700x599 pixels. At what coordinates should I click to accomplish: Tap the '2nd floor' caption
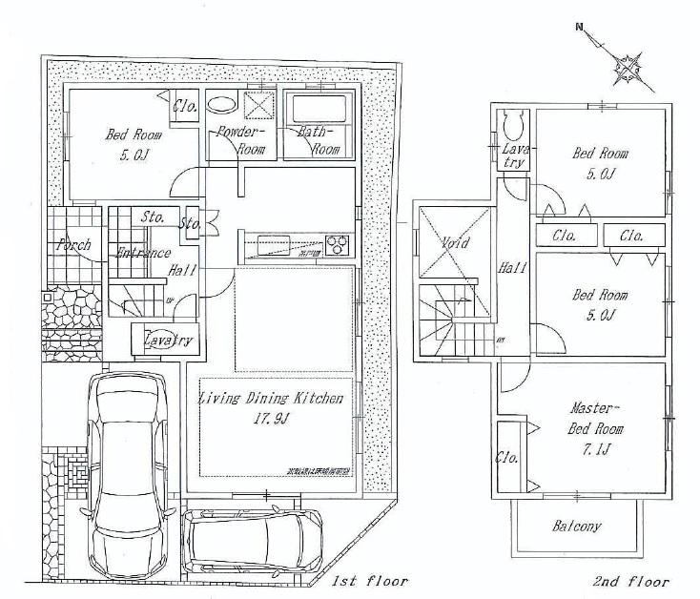(630, 581)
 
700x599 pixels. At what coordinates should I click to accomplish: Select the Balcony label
(577, 527)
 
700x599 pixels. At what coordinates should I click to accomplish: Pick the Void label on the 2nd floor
(456, 243)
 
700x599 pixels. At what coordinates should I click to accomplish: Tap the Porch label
(73, 245)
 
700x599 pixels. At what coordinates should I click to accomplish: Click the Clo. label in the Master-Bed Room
(506, 458)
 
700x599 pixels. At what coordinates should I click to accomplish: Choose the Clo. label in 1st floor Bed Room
(185, 107)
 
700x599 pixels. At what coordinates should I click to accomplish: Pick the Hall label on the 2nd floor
(512, 269)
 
